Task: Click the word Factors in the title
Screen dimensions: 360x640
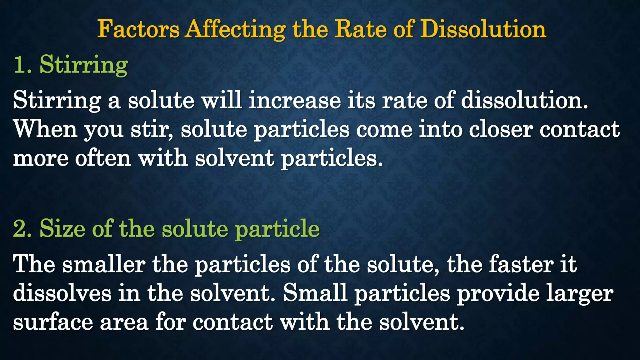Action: click(138, 29)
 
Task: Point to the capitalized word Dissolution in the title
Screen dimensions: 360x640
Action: click(483, 29)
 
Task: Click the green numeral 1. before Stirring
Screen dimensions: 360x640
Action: click(22, 65)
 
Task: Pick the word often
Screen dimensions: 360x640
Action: click(103, 158)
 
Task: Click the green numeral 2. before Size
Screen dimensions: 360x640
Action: click(22, 229)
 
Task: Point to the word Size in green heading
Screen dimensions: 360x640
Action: click(62, 229)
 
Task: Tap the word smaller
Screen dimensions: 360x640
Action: click(104, 264)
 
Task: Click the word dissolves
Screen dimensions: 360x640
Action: click(62, 293)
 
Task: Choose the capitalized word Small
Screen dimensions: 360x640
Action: click(315, 293)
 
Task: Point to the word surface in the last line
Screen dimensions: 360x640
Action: click(53, 322)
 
